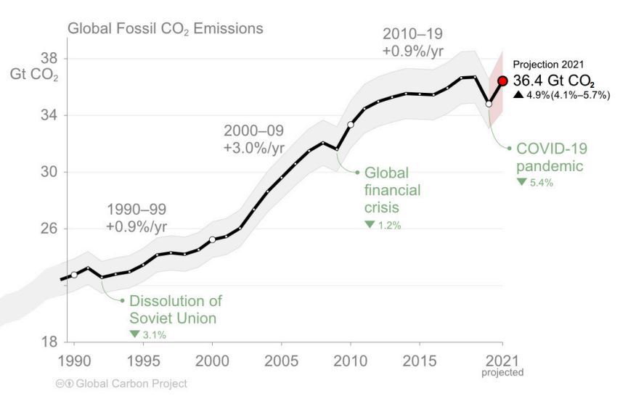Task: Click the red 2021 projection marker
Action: tap(502, 81)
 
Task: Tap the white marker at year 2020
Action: tap(489, 104)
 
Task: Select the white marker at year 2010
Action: tap(351, 125)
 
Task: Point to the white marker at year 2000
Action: tap(212, 239)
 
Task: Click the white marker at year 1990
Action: tap(74, 275)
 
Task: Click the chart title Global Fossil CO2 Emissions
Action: tap(165, 29)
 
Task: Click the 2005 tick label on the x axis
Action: tap(281, 361)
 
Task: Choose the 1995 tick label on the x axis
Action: tap(143, 361)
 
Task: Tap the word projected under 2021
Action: tap(502, 372)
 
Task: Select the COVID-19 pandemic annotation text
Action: tap(551, 157)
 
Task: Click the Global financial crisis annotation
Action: tap(391, 190)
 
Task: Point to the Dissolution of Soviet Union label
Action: tap(176, 309)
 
